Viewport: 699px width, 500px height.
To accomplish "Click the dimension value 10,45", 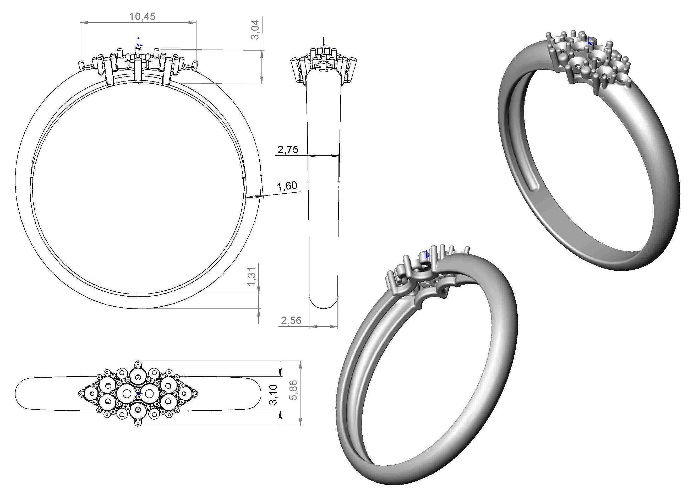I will (x=142, y=17).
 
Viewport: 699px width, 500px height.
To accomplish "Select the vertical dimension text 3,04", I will (x=256, y=30).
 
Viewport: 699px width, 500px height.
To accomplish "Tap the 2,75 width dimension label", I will (x=287, y=150).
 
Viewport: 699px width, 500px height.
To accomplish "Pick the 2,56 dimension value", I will (x=291, y=320).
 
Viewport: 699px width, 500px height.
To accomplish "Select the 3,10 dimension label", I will (x=273, y=394).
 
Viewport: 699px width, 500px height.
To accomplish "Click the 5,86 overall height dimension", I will (x=294, y=390).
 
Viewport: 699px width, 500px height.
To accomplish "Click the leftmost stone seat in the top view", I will (x=92, y=394).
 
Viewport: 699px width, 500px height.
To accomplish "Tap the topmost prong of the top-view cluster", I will (x=138, y=363).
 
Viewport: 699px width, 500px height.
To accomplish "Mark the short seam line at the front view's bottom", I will (x=138, y=301).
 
